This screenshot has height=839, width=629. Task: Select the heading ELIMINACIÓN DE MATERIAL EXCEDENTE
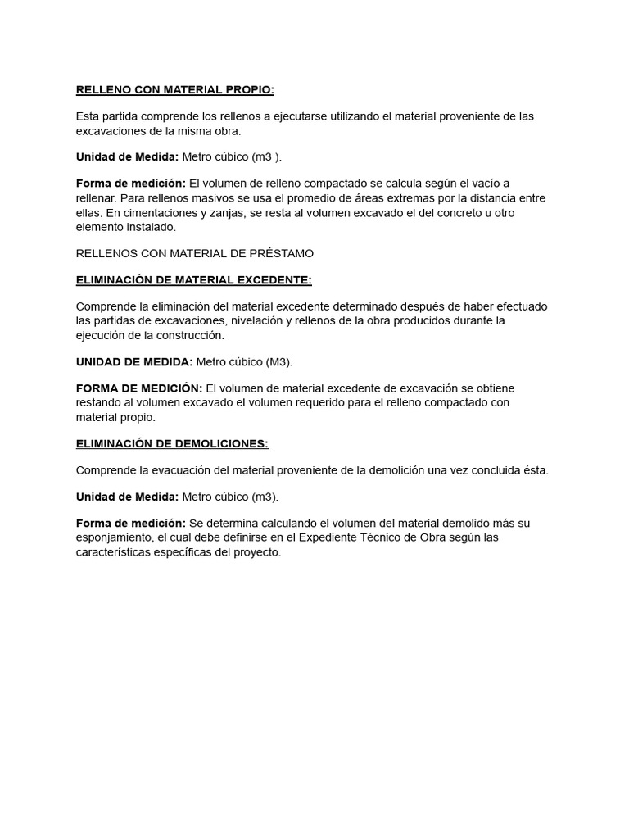coord(193,280)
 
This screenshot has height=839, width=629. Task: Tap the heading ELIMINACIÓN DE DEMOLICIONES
coord(172,444)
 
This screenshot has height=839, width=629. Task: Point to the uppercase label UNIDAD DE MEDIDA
coord(134,362)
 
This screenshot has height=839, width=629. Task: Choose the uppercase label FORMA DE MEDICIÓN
coord(139,388)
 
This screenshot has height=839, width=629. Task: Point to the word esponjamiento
coord(115,537)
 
